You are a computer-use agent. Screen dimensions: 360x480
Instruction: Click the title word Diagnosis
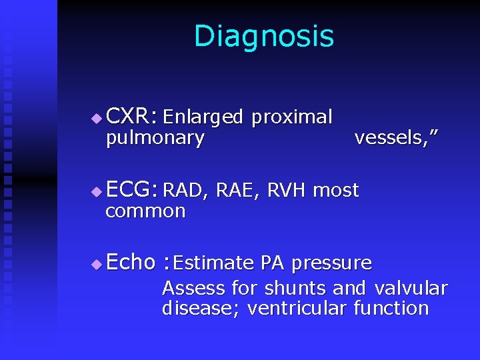click(x=263, y=37)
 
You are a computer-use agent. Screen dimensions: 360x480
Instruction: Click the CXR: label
click(x=131, y=117)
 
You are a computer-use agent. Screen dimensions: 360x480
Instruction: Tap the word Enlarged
click(x=203, y=118)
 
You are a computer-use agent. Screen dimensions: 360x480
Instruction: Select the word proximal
click(x=291, y=118)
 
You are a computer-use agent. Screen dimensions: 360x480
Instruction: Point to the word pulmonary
click(x=155, y=139)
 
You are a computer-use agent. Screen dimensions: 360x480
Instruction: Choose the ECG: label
click(x=131, y=190)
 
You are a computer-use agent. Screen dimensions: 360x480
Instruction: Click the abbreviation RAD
click(x=183, y=191)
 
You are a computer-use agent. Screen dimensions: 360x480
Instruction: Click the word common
click(x=145, y=211)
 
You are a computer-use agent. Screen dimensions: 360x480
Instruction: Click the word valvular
click(x=411, y=289)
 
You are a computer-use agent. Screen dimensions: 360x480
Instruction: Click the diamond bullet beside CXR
click(x=97, y=119)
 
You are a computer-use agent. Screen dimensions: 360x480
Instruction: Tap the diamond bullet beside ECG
click(x=97, y=192)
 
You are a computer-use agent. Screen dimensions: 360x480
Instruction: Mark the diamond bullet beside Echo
click(x=97, y=264)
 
